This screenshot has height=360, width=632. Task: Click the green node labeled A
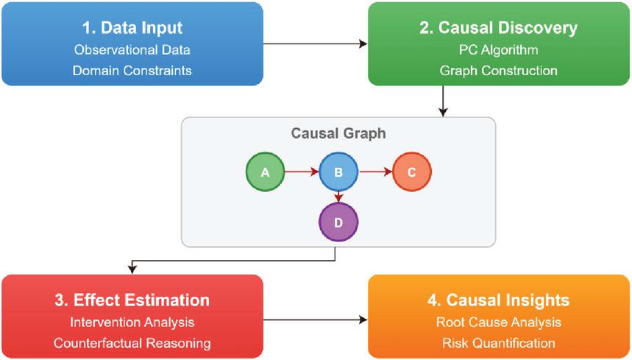point(265,173)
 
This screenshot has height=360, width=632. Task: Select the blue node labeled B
point(338,173)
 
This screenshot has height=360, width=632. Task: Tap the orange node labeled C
point(412,173)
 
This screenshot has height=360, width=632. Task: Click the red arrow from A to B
point(302,173)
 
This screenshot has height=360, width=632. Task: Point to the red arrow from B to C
point(375,173)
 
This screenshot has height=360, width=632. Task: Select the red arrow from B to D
point(338,197)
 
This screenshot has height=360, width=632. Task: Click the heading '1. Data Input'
point(132,29)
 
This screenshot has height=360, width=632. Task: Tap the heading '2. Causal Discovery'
point(499,29)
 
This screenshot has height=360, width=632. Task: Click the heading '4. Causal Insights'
point(499,300)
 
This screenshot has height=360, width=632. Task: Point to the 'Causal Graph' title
point(338,135)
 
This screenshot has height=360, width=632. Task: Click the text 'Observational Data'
point(132,51)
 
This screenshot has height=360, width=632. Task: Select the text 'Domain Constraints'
point(132,71)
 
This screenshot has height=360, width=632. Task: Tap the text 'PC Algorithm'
point(499,51)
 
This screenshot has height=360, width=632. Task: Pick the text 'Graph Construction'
point(499,71)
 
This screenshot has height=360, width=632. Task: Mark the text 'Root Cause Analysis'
point(499,322)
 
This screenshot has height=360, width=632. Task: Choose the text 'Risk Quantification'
point(499,343)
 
